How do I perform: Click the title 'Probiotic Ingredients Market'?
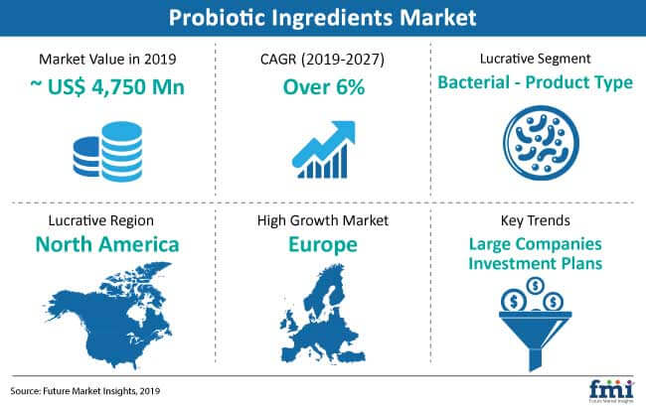click(323, 18)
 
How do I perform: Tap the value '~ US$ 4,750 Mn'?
click(107, 86)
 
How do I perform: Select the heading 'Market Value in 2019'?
click(107, 60)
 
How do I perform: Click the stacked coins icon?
click(108, 151)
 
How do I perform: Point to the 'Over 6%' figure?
click(324, 87)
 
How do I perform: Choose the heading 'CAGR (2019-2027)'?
click(322, 60)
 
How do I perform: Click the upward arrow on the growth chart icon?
click(325, 142)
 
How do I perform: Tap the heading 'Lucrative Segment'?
click(535, 59)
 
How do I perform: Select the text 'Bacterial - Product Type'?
click(535, 82)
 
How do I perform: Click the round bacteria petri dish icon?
click(541, 143)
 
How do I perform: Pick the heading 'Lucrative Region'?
click(101, 221)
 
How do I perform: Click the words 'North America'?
click(107, 244)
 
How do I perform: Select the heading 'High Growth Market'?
click(323, 221)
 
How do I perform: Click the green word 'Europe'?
click(323, 245)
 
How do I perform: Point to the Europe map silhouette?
click(323, 315)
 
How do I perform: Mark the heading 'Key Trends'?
click(535, 221)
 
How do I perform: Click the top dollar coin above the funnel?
click(535, 285)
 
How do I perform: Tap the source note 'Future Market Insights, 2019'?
click(101, 391)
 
